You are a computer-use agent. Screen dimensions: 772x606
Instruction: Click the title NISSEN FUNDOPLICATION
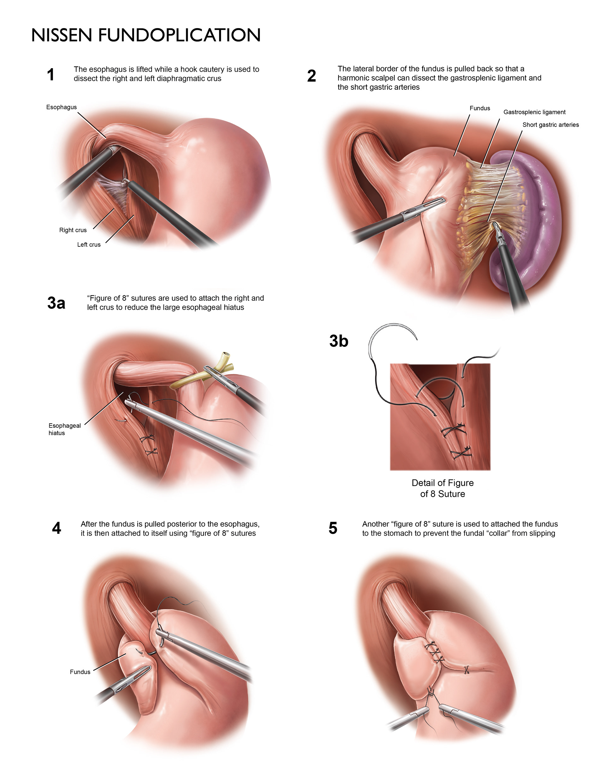coord(146,35)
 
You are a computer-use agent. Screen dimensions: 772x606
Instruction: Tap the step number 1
coord(51,75)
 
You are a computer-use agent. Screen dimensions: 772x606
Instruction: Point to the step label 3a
coord(56,303)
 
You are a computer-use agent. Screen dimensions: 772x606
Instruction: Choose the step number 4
coord(56,528)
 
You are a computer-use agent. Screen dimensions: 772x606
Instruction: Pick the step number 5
coord(332,528)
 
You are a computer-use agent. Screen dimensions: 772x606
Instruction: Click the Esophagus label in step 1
coord(61,107)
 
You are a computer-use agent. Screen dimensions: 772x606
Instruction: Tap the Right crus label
coord(73,230)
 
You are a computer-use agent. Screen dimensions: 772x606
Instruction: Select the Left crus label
coord(89,245)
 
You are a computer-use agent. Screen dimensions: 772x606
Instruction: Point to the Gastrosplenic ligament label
coord(534,112)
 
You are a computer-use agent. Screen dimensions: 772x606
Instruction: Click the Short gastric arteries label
coord(550,125)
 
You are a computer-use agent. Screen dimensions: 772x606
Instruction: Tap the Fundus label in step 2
coord(480,108)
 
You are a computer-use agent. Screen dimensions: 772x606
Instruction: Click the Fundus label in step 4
coord(80,672)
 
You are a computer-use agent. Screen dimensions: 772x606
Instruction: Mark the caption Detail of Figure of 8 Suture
coord(443,488)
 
